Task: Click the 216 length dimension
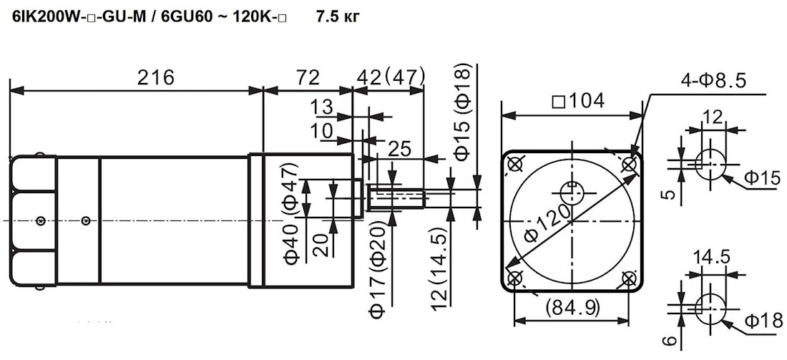[156, 77]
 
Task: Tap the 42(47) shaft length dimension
[391, 77]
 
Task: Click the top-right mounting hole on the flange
[629, 165]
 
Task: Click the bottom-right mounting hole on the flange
[629, 279]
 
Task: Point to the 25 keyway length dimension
[402, 148]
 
